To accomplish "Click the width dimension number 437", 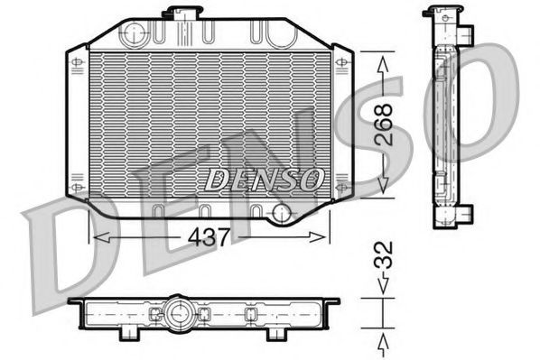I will [x=209, y=236].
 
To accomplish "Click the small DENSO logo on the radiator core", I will [x=262, y=179].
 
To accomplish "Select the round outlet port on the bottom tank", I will [x=283, y=214].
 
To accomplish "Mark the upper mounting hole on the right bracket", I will [x=342, y=62].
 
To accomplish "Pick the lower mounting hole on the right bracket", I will [x=342, y=185].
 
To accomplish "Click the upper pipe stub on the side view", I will [x=466, y=32].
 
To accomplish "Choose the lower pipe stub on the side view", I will [x=466, y=214].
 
